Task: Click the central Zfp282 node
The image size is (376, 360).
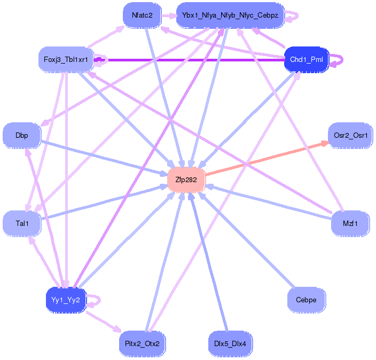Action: [186, 180]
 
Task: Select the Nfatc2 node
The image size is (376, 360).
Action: [142, 15]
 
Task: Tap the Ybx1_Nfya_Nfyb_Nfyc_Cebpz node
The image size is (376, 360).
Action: [230, 15]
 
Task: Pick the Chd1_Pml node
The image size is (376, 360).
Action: [306, 59]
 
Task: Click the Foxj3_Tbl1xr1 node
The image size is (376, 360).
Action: [66, 59]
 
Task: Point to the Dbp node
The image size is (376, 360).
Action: [21, 136]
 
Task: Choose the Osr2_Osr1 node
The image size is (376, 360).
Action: [350, 136]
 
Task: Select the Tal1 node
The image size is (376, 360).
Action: [21, 223]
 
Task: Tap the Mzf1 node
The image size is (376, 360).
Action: [350, 223]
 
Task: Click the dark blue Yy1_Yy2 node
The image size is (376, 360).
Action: [66, 300]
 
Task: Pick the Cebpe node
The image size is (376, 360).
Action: [306, 300]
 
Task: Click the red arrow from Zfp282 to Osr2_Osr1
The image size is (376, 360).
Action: [267, 158]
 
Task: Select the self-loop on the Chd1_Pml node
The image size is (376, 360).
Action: [339, 59]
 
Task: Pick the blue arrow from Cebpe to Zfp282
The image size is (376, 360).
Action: [246, 240]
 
